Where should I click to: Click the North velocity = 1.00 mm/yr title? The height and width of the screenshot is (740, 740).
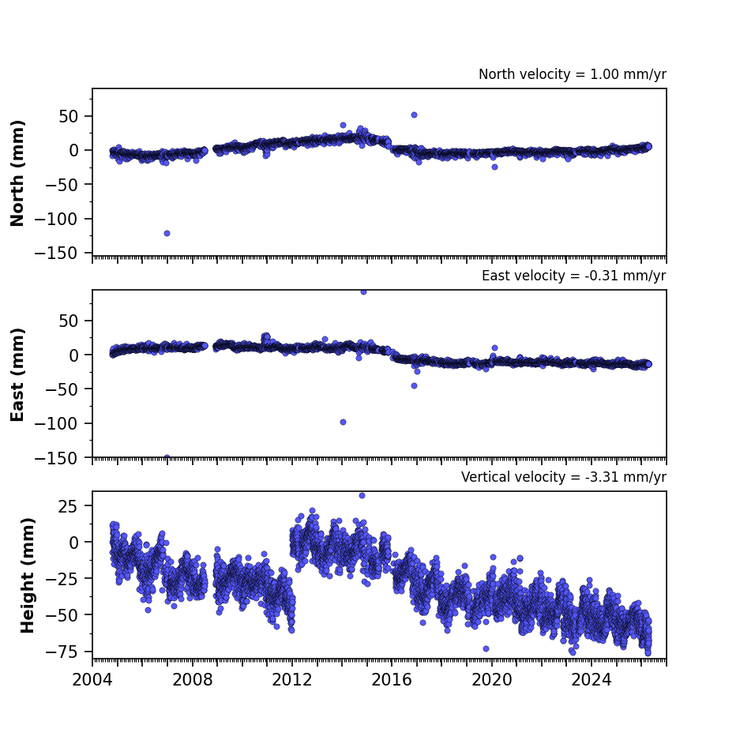tap(573, 74)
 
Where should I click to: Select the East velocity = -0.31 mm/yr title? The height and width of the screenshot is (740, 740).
tap(574, 276)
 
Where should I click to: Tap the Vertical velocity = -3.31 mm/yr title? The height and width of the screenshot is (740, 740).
tap(564, 477)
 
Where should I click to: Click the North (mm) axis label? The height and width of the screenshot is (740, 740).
tap(17, 173)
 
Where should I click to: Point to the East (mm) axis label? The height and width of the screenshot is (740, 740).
tap(17, 374)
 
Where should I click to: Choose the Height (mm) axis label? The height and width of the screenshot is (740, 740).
tap(28, 575)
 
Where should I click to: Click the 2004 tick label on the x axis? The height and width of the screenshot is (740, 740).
tap(92, 680)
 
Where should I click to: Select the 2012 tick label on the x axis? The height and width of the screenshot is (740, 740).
tap(292, 680)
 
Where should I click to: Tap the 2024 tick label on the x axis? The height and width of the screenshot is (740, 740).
tap(592, 680)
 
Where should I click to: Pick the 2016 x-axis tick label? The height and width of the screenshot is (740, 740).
tap(392, 680)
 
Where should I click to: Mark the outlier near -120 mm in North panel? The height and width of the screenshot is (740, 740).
tap(167, 233)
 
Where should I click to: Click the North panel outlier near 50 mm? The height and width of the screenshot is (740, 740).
tap(414, 115)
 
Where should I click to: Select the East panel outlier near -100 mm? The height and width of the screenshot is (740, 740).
tap(343, 422)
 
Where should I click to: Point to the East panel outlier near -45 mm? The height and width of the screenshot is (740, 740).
tap(414, 385)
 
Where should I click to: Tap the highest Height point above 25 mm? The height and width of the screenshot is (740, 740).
tap(362, 495)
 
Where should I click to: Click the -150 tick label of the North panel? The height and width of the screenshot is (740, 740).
tap(56, 254)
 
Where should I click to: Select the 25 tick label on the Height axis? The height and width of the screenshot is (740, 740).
tap(67, 506)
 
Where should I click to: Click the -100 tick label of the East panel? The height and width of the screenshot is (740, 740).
tap(56, 423)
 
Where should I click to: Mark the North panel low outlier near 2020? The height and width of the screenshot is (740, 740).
tap(494, 167)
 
